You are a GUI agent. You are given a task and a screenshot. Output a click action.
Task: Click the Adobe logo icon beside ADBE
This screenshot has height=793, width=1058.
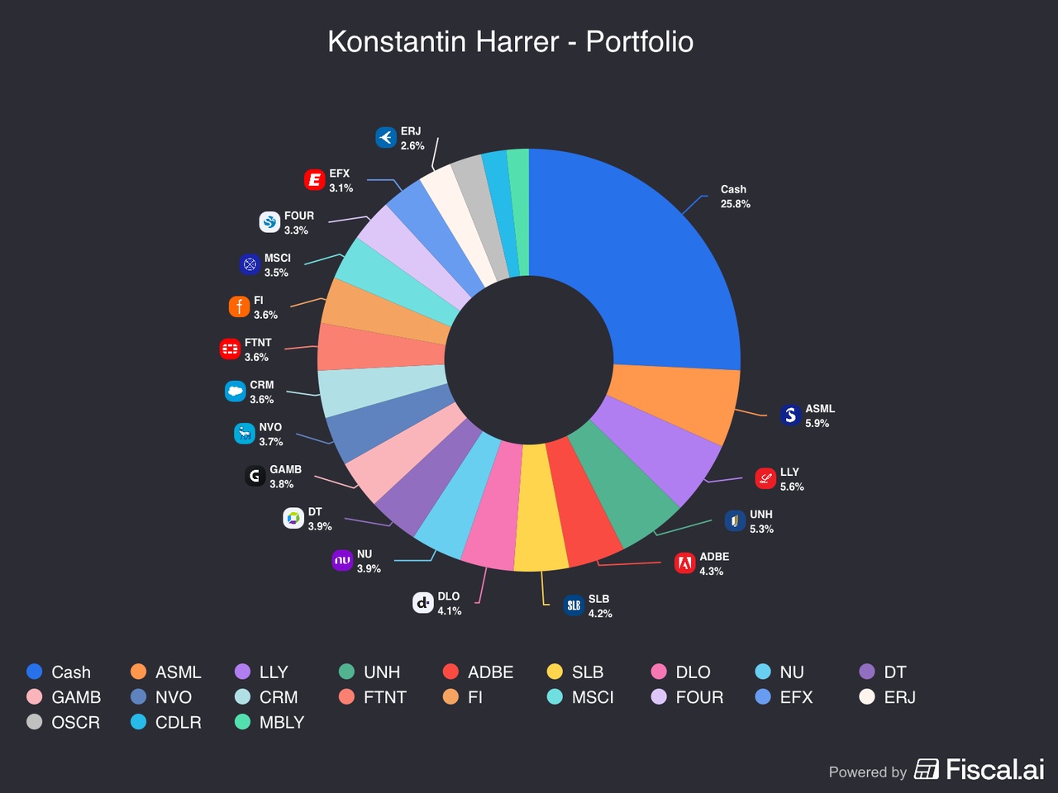point(684,563)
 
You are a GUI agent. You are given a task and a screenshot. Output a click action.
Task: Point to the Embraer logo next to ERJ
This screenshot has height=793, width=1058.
point(386,138)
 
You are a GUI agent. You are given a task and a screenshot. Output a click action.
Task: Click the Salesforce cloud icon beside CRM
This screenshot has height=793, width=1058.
point(236,392)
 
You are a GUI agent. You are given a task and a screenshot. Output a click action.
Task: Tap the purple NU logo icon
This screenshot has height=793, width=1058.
point(342,561)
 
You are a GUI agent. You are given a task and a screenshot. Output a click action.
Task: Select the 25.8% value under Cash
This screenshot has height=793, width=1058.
point(735,204)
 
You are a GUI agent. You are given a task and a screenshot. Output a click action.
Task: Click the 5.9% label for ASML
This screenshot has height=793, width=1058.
point(817,423)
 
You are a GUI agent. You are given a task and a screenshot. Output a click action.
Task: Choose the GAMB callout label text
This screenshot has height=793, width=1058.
point(285,470)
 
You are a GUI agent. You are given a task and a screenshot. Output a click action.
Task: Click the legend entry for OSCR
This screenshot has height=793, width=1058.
point(75,722)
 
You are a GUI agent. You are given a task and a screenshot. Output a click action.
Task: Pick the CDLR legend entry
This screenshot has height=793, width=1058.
point(178,722)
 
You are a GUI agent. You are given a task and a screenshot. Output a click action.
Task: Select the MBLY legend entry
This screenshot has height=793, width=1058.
point(281,722)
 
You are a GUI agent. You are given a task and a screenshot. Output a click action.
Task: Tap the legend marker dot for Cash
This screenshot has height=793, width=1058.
point(35,672)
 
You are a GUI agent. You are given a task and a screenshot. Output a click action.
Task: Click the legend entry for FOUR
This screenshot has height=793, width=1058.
point(698,697)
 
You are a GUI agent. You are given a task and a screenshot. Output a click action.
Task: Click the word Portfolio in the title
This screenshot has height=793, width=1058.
point(639,42)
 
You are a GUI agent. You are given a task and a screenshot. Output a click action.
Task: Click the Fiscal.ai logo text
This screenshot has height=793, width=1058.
point(994,770)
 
